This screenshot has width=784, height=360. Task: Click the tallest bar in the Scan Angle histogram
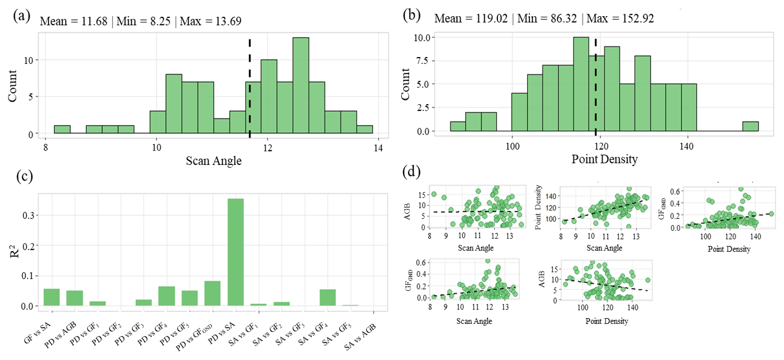point(301,85)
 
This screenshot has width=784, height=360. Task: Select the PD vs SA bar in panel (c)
point(235,252)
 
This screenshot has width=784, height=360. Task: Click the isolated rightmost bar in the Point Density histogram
point(751,127)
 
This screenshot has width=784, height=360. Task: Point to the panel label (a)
point(21,16)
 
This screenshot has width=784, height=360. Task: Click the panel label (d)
point(412,172)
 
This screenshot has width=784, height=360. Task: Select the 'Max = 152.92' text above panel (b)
point(620,18)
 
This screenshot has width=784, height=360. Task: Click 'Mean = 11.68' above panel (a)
point(74,21)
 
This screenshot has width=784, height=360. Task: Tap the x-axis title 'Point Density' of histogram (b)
point(605,160)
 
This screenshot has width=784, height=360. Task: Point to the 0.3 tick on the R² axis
point(29,216)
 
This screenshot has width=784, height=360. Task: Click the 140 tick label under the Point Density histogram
point(686,147)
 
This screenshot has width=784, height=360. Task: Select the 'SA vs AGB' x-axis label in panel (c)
point(360,336)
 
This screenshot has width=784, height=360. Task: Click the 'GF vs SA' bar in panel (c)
point(51,297)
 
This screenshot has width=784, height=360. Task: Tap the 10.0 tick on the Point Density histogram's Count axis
point(424,38)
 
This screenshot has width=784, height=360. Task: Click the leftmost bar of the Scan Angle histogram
point(62,130)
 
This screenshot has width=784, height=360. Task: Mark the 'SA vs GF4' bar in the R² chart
point(327,298)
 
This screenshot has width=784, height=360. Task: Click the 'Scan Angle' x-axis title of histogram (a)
point(213,161)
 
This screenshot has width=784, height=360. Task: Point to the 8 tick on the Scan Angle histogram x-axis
point(46,148)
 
